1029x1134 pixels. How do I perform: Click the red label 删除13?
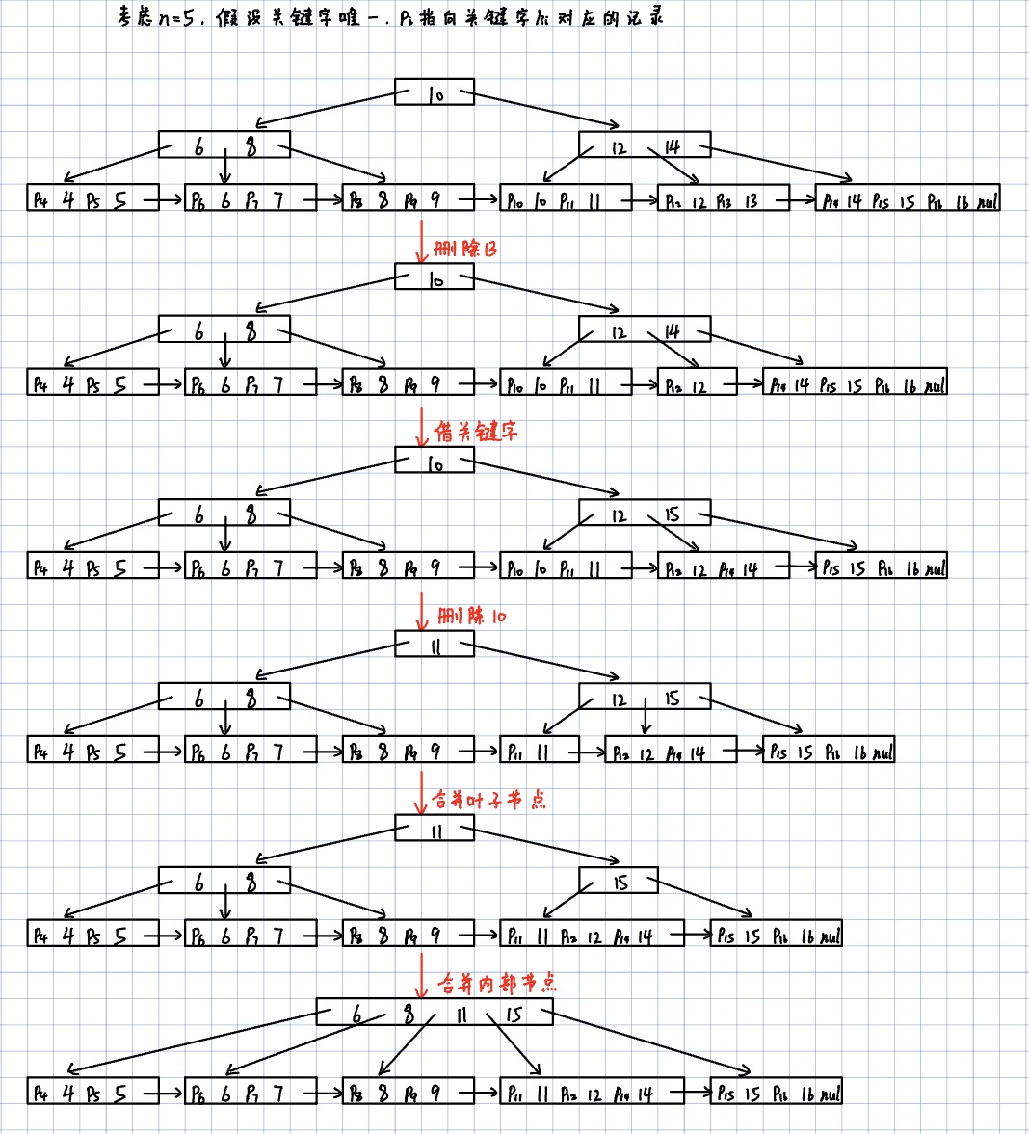tap(465, 249)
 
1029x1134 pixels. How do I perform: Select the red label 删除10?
tap(471, 616)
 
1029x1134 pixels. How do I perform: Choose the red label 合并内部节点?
tap(496, 983)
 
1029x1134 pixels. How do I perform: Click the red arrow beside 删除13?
tap(421, 240)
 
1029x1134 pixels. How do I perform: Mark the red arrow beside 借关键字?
tap(421, 425)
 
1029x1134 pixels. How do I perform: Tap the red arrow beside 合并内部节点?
tap(421, 977)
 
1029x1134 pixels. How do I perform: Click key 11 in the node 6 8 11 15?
tap(462, 1015)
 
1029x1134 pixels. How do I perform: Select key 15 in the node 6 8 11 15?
tap(514, 1015)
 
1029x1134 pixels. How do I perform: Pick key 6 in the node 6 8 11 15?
tap(356, 1015)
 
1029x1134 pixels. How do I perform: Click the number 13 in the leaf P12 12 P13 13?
tap(751, 201)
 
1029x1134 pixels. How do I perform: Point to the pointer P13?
tap(725, 201)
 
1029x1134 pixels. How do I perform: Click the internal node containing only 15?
tap(619, 882)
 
